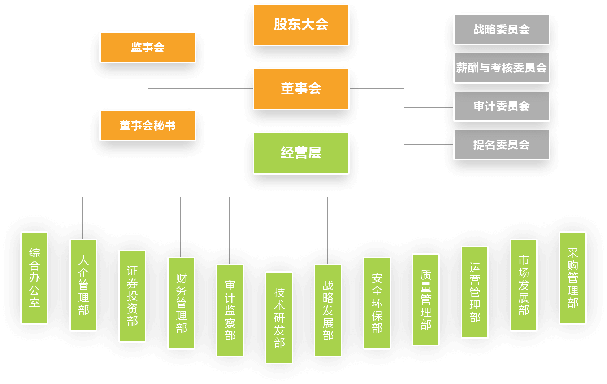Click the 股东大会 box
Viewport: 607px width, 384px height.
tap(301, 25)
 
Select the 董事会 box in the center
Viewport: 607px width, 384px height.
tap(301, 89)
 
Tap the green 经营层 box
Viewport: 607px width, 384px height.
tap(301, 153)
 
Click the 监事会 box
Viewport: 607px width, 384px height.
tap(148, 47)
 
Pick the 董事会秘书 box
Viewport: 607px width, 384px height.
tap(148, 125)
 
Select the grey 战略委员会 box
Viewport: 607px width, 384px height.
tap(501, 29)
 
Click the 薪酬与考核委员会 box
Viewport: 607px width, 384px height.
tap(501, 68)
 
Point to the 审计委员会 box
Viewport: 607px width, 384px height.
tap(501, 106)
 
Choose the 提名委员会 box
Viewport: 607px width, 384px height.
tap(501, 145)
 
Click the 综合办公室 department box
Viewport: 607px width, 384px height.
tap(34, 278)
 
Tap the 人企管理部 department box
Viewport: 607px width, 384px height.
tap(83, 285)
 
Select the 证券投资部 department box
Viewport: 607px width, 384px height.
tap(132, 296)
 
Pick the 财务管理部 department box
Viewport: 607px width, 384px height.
tap(181, 303)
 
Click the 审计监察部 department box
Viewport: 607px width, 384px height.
tap(230, 310)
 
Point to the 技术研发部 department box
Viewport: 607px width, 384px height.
tap(279, 317)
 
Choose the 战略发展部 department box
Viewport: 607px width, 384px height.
tap(328, 310)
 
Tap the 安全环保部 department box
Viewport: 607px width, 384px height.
tap(377, 303)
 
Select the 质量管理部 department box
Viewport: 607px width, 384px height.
tap(426, 299)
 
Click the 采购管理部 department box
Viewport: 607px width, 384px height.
tap(573, 278)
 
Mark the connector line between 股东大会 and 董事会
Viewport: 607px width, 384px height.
tap(301, 57)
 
